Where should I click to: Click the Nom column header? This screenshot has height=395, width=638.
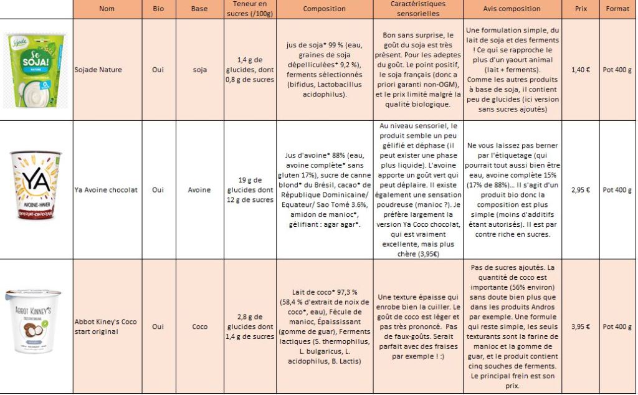(107, 9)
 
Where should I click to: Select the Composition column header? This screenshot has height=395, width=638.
(324, 9)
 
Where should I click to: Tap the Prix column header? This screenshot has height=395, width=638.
(580, 9)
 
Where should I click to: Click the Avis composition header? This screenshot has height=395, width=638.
(513, 9)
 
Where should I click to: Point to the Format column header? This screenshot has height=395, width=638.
(617, 9)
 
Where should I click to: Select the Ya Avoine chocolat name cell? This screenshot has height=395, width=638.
(105, 190)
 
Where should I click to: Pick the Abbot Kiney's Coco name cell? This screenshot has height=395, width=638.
(105, 326)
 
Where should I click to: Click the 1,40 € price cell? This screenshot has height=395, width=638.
(580, 70)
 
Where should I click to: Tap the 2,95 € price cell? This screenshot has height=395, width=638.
(580, 190)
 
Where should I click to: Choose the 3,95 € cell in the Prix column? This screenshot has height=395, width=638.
(580, 326)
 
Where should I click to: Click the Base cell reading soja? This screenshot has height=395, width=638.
(199, 70)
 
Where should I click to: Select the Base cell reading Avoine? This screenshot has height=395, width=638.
(199, 190)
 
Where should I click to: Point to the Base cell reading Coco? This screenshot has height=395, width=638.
(199, 326)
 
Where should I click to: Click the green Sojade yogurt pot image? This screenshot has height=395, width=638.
(36, 70)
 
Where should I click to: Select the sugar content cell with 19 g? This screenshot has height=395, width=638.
(249, 190)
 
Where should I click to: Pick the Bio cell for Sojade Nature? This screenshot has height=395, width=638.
(158, 70)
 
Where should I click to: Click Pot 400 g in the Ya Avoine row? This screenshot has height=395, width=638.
(617, 190)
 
